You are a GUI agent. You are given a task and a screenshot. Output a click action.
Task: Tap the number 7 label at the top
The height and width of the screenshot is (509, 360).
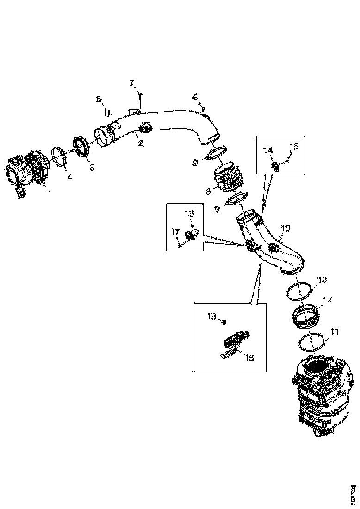tap(132, 82)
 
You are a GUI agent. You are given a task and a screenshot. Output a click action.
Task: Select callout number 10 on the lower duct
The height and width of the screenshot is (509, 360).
tap(286, 228)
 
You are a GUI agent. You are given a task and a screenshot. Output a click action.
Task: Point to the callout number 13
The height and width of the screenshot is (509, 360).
tap(322, 279)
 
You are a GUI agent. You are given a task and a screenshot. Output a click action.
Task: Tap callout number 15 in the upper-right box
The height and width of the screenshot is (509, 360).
tap(294, 147)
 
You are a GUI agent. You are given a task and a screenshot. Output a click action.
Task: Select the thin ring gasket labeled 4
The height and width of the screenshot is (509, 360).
tap(59, 155)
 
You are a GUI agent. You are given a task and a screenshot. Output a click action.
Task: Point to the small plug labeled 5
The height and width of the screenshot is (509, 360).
tap(107, 112)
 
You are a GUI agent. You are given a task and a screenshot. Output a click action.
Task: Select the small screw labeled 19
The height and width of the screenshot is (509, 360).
tap(224, 321)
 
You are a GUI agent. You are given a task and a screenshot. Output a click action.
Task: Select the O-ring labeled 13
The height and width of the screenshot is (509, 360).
tap(298, 292)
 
